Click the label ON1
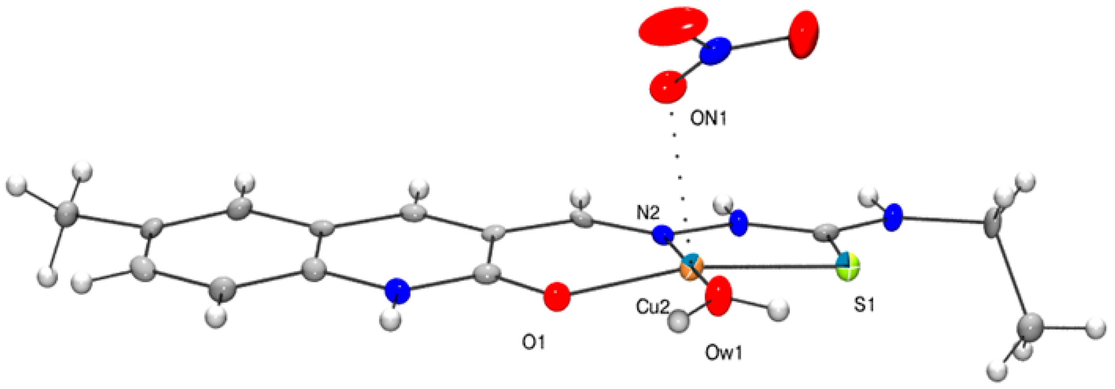(x=708, y=119)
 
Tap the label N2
(x=648, y=213)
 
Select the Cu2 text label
(x=652, y=307)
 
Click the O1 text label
(x=533, y=343)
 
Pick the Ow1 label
(x=724, y=354)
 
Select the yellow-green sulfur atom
(x=847, y=267)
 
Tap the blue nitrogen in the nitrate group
(x=715, y=51)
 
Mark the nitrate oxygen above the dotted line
(x=668, y=87)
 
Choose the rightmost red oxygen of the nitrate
(x=803, y=35)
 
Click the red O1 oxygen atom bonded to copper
(x=556, y=297)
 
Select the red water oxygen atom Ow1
(x=719, y=296)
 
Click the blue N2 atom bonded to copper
(x=663, y=236)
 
